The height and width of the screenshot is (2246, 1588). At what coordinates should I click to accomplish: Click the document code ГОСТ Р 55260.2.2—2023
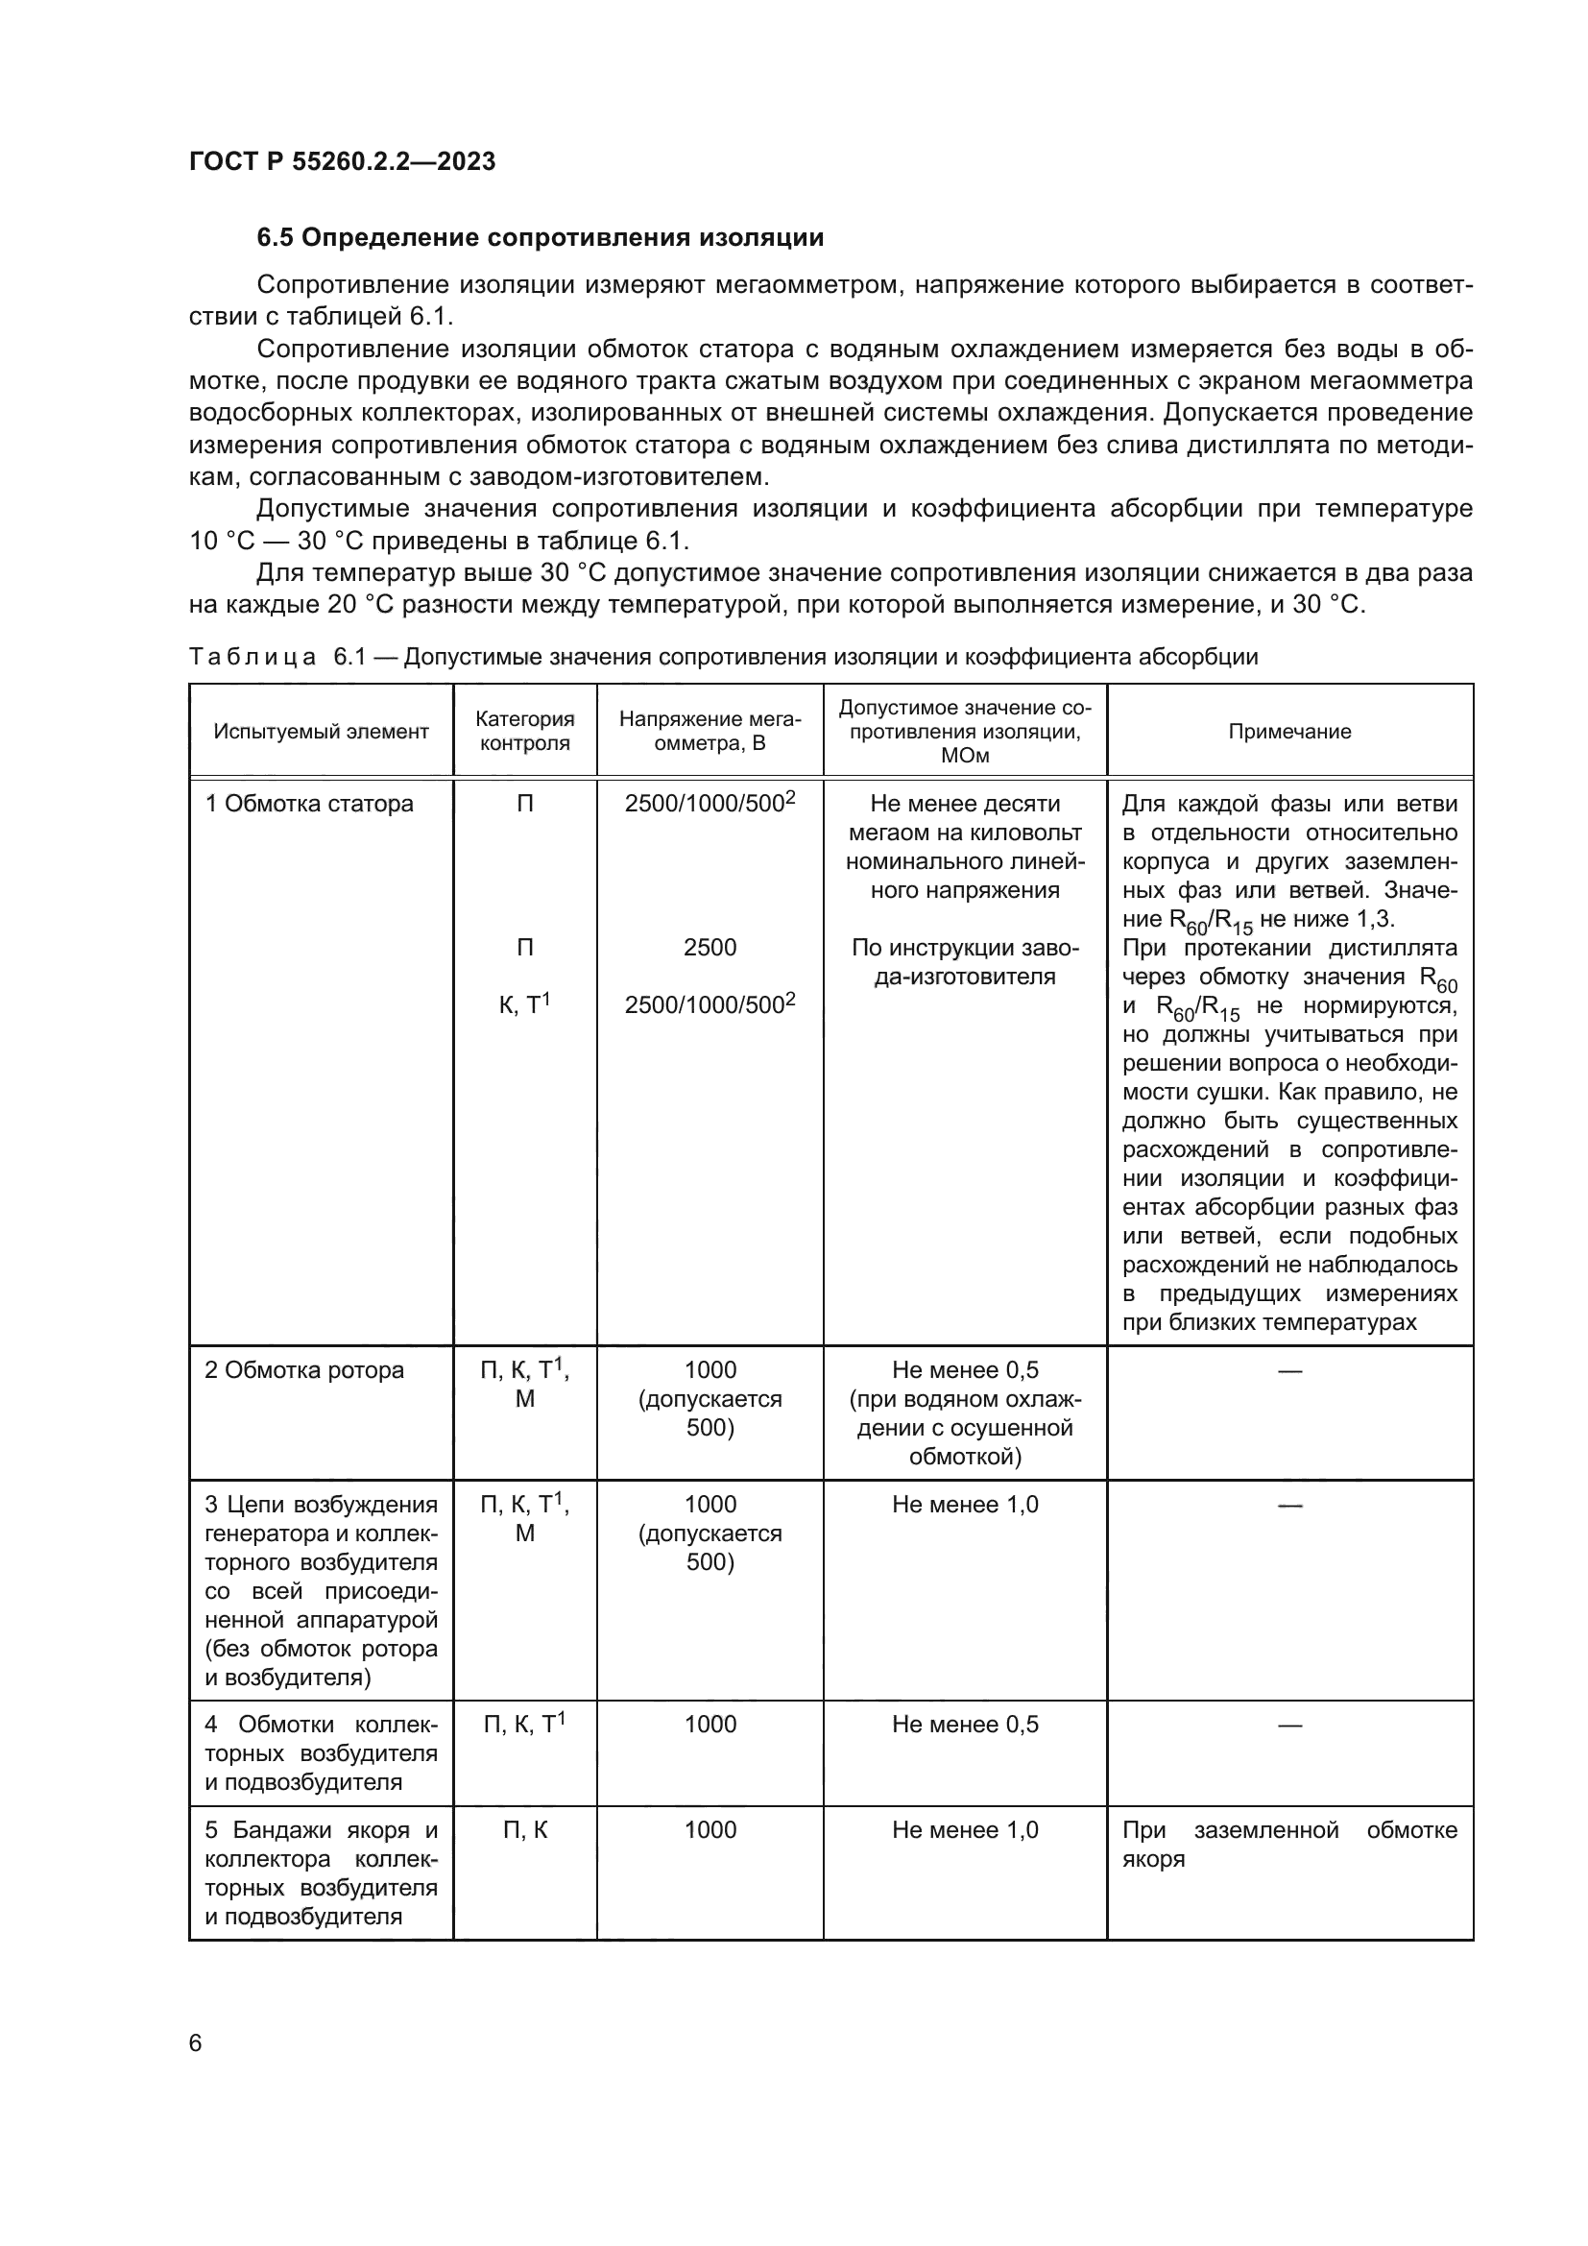[x=342, y=161]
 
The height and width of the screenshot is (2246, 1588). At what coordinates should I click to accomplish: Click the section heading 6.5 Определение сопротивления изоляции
[x=540, y=238]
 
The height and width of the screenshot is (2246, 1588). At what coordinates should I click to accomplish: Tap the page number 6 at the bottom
[x=196, y=2042]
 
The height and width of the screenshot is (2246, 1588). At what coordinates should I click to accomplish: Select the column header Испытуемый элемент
[x=321, y=732]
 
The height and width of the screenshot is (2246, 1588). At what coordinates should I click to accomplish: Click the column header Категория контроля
[x=525, y=731]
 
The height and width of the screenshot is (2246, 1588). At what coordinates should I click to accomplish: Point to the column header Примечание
[x=1288, y=732]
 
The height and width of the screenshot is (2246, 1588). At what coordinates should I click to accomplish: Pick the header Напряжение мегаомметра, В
[x=710, y=731]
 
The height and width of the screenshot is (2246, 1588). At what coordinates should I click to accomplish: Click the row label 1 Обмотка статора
[x=309, y=804]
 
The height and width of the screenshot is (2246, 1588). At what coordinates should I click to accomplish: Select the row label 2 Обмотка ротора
[x=304, y=1369]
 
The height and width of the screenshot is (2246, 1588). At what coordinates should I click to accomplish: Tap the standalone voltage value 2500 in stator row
[x=710, y=947]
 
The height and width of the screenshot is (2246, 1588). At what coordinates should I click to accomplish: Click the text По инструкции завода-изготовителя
[x=964, y=961]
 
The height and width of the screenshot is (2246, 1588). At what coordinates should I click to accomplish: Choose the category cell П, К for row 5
[x=525, y=1829]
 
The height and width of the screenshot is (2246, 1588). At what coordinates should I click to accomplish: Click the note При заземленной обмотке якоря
[x=1288, y=1843]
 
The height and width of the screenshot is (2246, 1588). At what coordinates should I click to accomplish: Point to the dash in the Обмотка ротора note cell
[x=1288, y=1371]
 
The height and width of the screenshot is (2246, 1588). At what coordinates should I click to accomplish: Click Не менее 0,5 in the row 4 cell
[x=964, y=1724]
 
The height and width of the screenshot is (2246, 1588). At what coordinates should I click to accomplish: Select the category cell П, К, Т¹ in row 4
[x=525, y=1724]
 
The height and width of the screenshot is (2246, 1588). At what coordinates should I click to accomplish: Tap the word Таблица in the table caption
[x=253, y=657]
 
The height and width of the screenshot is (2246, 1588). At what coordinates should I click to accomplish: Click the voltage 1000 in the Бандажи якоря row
[x=710, y=1829]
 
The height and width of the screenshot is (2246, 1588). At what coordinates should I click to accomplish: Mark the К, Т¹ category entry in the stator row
[x=525, y=1003]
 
